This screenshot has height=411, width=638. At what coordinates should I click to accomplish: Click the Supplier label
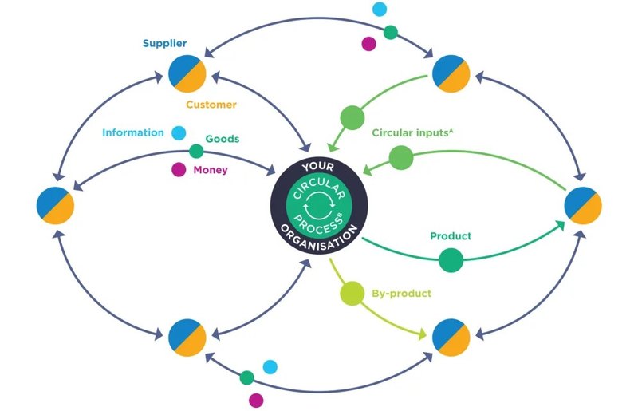(165, 44)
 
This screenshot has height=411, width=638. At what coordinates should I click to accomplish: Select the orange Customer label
(211, 105)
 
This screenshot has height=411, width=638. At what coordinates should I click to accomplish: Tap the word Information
(133, 132)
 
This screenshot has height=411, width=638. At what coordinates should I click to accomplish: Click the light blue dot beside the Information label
(179, 132)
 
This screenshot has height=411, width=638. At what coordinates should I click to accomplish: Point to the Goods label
(223, 139)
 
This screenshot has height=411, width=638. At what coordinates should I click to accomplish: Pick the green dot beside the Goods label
(196, 151)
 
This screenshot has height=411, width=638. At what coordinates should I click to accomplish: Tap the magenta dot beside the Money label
(179, 169)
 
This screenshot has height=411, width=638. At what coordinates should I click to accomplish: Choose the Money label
(211, 170)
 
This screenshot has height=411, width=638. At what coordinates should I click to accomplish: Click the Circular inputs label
(412, 132)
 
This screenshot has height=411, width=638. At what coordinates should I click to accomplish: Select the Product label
(451, 236)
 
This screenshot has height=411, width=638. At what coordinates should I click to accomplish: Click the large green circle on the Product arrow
(451, 260)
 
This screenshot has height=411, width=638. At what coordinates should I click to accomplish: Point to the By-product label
(402, 294)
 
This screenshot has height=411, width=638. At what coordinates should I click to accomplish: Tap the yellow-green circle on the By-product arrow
(352, 293)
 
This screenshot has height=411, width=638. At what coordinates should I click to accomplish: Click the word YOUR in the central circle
(318, 167)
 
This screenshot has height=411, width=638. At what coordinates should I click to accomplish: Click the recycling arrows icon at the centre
(319, 206)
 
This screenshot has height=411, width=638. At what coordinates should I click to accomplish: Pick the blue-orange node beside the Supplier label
(187, 73)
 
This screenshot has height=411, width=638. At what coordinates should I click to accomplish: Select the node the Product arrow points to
(583, 206)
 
